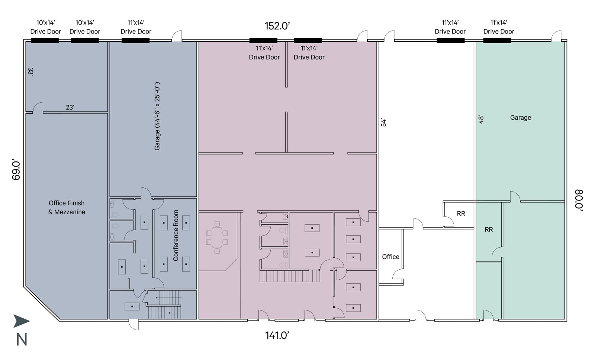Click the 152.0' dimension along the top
tap(277, 26)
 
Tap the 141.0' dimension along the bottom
tap(277, 335)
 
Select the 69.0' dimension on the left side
tap(16, 170)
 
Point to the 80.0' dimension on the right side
tap(579, 200)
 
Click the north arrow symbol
tap(22, 321)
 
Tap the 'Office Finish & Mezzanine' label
tap(67, 208)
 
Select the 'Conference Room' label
tap(176, 235)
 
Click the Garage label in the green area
tap(520, 118)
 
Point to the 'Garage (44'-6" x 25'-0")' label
tap(157, 116)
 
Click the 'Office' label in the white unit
tap(390, 257)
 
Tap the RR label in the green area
tap(489, 229)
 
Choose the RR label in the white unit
tap(461, 213)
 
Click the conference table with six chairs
tap(217, 237)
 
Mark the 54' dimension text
tap(383, 122)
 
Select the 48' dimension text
tap(481, 119)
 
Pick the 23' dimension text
tap(70, 107)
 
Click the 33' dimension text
tap(30, 72)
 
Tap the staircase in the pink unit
tap(290, 276)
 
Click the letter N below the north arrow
tap(22, 340)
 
